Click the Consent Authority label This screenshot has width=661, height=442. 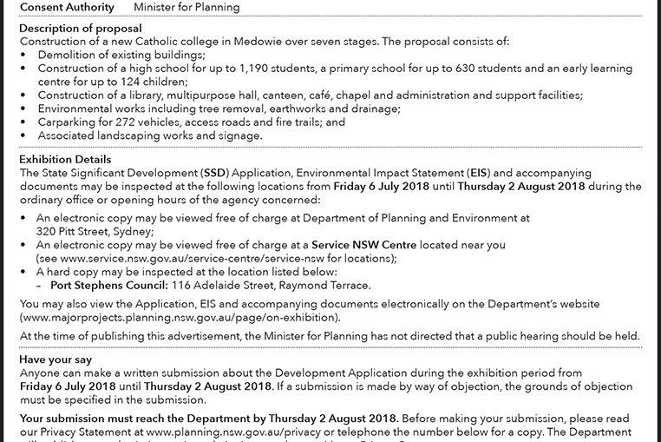[x=67, y=7]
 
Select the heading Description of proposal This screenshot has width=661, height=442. [x=75, y=29]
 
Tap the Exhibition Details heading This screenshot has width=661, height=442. [x=65, y=160]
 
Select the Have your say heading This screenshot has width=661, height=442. [x=56, y=359]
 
